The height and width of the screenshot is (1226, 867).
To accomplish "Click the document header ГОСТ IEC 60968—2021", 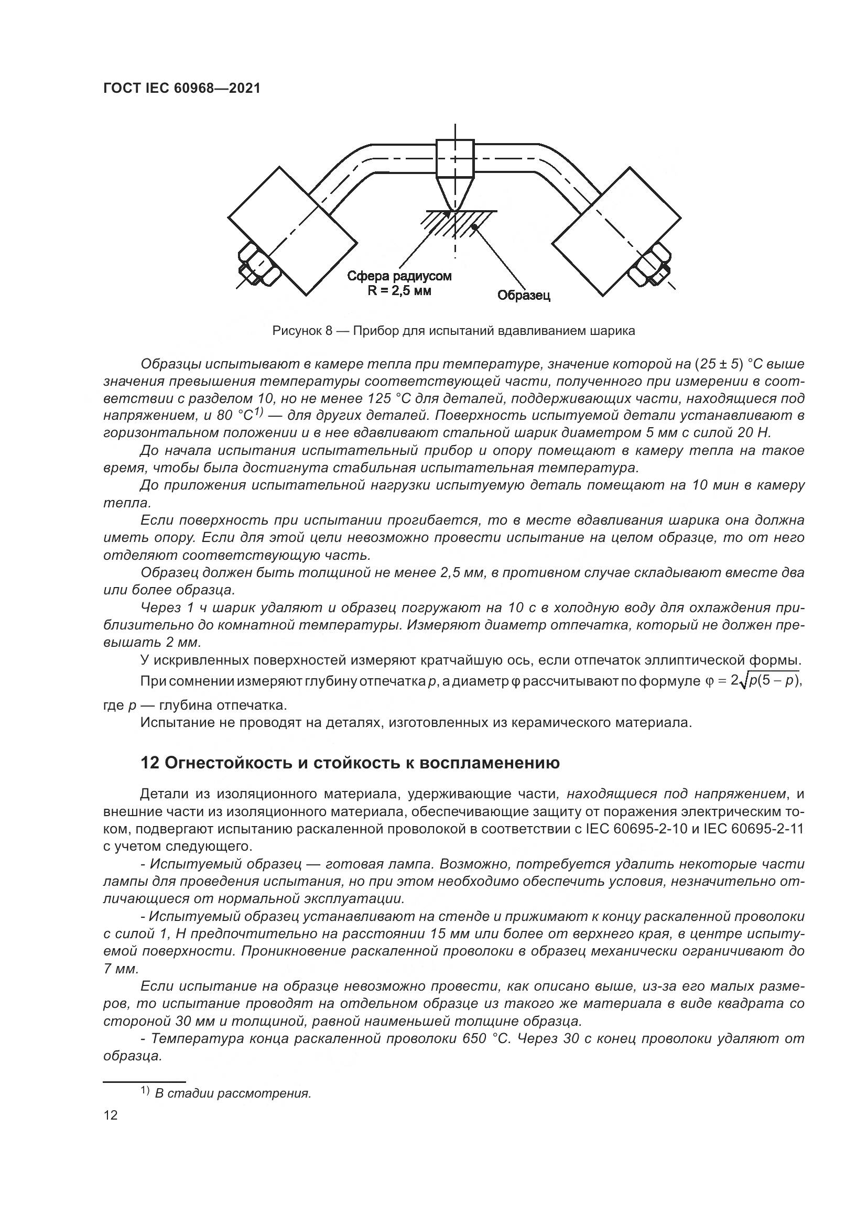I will (x=181, y=88).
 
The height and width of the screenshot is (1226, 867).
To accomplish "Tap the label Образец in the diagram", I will (x=523, y=295).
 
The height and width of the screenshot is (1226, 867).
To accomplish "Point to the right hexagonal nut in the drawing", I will (x=649, y=264).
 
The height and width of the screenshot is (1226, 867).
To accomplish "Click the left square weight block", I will (x=292, y=231).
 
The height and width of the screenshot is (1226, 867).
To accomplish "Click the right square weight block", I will (x=616, y=231).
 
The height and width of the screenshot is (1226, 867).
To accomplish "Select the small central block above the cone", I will (x=455, y=158).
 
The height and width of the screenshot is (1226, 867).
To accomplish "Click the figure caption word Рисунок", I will (x=295, y=331).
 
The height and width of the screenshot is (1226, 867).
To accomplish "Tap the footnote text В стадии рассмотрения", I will (x=233, y=1093).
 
